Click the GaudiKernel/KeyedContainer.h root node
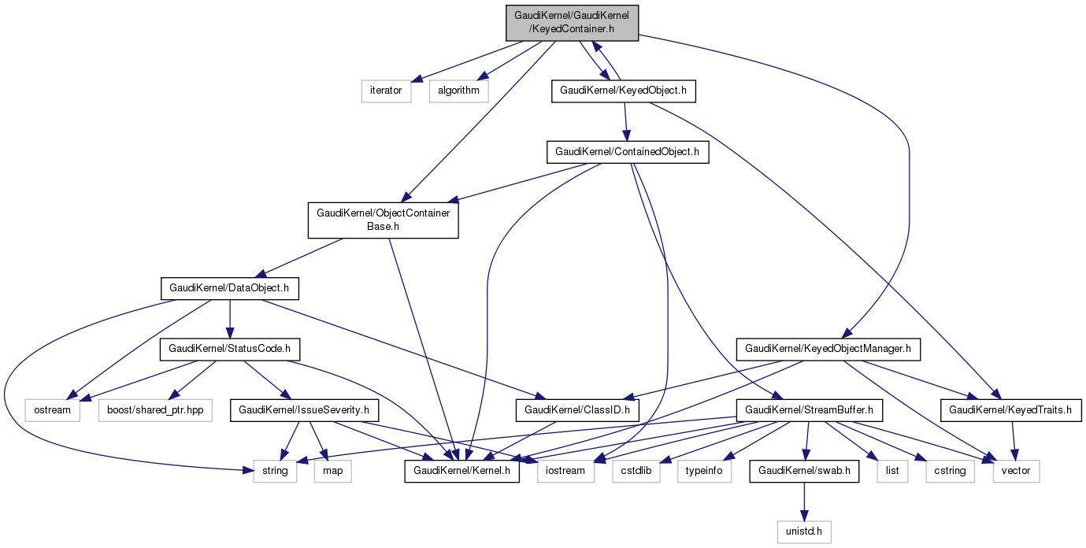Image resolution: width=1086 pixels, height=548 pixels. [572, 23]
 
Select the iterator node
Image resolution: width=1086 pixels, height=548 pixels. [386, 91]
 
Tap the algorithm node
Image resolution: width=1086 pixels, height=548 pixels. [458, 91]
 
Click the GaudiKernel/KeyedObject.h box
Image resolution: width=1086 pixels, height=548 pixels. [624, 91]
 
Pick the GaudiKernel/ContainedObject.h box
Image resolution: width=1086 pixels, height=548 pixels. [627, 152]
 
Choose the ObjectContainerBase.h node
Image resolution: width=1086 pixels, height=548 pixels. [383, 220]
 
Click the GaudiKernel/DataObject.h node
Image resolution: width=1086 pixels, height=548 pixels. [229, 288]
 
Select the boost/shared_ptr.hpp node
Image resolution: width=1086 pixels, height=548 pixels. [155, 410]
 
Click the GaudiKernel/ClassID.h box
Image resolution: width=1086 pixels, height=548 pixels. [577, 410]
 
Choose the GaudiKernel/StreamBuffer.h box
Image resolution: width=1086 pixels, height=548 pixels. [809, 410]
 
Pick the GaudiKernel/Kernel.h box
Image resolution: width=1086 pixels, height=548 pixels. [461, 472]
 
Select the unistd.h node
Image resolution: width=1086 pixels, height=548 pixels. [803, 533]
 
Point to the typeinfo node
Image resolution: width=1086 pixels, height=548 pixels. [704, 472]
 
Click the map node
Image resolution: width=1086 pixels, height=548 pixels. [332, 472]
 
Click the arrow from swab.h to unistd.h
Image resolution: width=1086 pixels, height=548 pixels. [803, 502]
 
